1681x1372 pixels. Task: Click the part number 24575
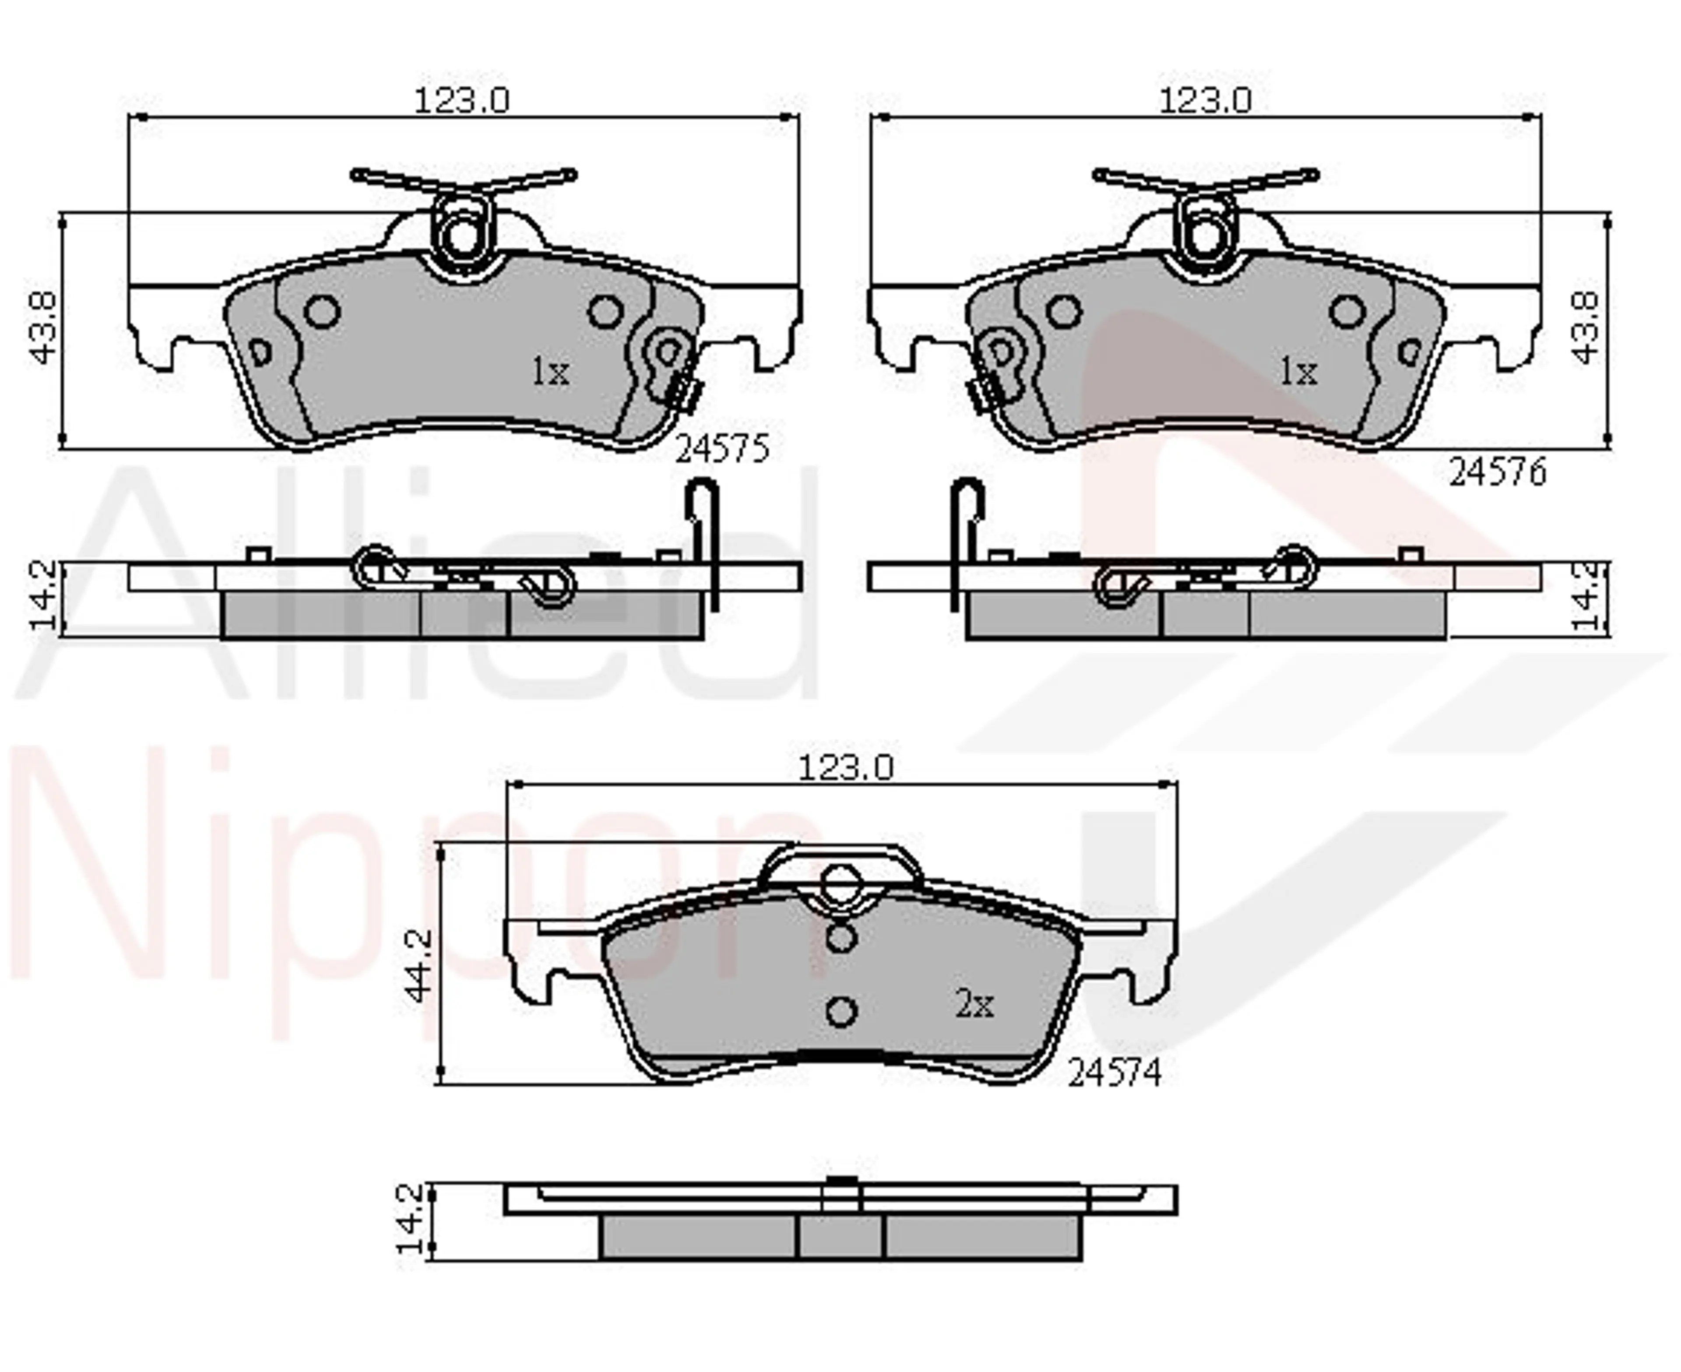(x=721, y=450)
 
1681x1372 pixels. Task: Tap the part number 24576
(x=1497, y=473)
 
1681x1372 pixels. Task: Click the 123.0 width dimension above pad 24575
(x=462, y=100)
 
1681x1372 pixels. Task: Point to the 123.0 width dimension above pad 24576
(x=1205, y=100)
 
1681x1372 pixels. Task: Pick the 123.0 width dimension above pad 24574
(x=846, y=767)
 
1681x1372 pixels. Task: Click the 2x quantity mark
(x=974, y=1005)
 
